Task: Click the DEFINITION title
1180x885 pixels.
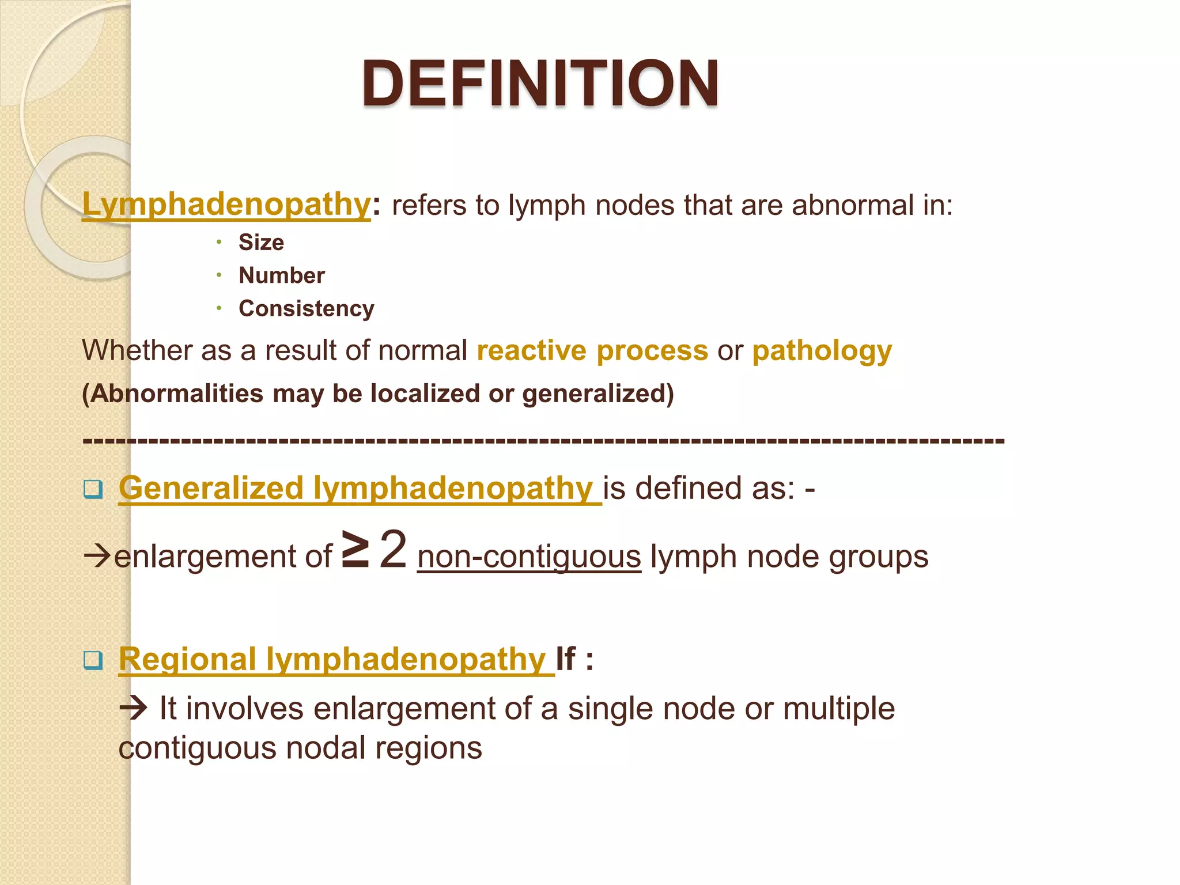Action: point(540,84)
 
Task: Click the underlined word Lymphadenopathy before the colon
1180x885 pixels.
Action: point(226,205)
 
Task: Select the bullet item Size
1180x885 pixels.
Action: point(261,243)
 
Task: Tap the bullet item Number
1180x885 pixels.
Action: point(282,275)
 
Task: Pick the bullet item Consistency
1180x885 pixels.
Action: point(307,309)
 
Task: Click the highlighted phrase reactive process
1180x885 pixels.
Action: point(592,350)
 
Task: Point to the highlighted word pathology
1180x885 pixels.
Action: point(822,350)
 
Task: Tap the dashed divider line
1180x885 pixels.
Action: point(543,441)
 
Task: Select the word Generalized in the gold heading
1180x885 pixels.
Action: point(211,488)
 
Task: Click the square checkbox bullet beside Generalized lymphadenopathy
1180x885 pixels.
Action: point(93,489)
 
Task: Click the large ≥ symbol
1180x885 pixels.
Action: point(355,550)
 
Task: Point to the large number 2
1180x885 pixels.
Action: point(394,550)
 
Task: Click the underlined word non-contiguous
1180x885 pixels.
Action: point(529,557)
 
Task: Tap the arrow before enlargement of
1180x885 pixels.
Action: point(97,557)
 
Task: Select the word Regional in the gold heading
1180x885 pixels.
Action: point(187,659)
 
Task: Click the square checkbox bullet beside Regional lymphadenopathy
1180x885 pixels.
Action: point(93,660)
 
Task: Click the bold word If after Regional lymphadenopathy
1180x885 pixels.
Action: point(565,659)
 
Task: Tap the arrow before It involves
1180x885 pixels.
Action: point(134,708)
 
